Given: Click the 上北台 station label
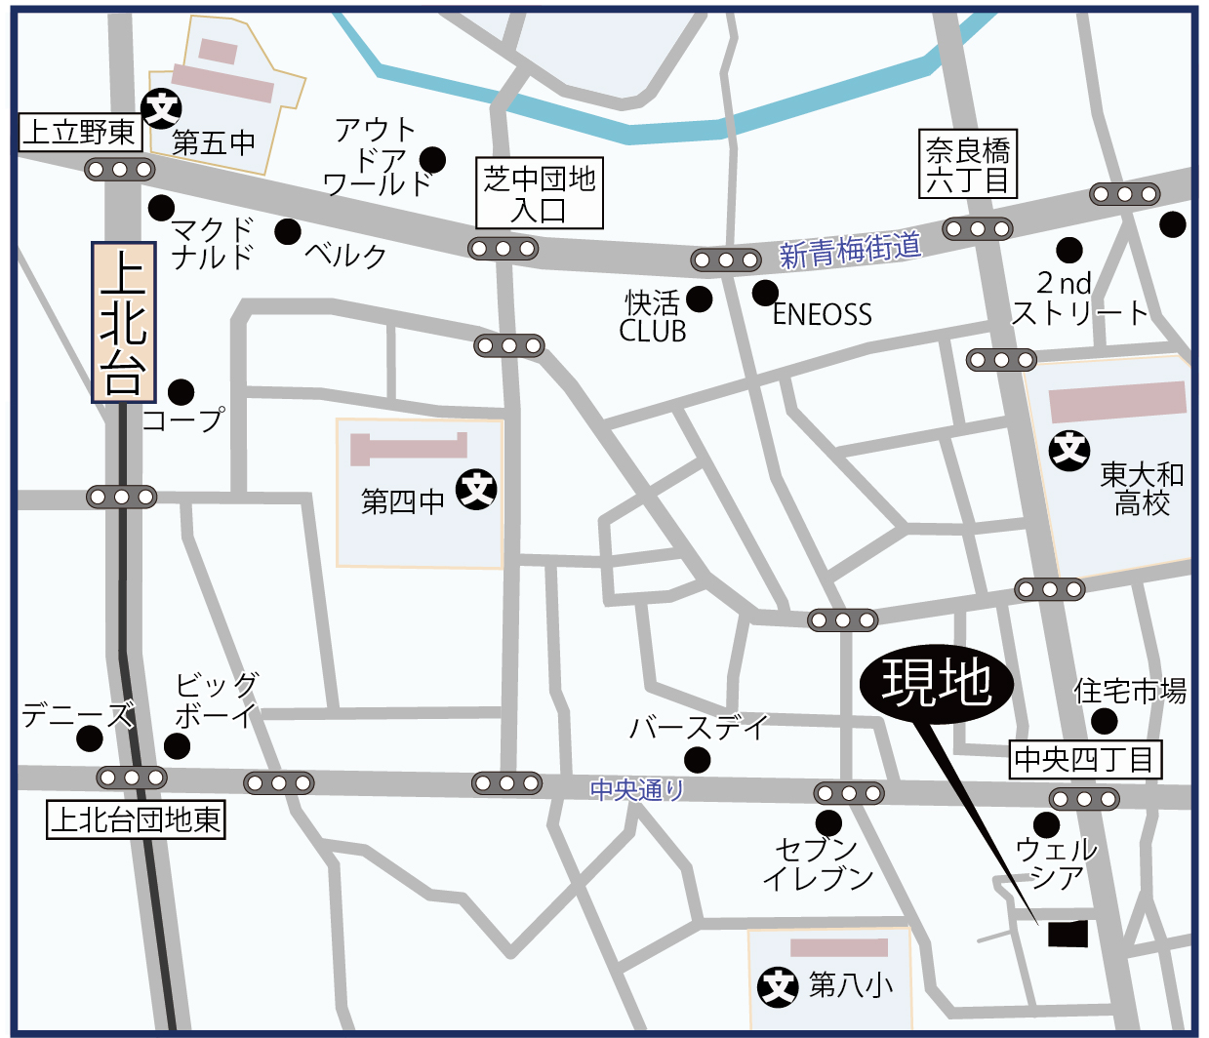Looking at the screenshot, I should pyautogui.click(x=124, y=323).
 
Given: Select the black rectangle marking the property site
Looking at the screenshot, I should pyautogui.click(x=1068, y=934).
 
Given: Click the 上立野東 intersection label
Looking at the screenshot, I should pyautogui.click(x=80, y=133).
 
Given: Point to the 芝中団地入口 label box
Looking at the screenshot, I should pyautogui.click(x=539, y=193).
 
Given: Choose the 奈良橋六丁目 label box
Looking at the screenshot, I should pyautogui.click(x=968, y=164).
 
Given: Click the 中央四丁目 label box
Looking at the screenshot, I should pyautogui.click(x=1084, y=759).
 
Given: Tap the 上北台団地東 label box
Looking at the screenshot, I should pyautogui.click(x=137, y=819).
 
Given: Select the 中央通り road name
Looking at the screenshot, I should pyautogui.click(x=638, y=788).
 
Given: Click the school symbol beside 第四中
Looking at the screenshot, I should pyautogui.click(x=477, y=489).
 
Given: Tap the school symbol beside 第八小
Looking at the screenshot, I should pyautogui.click(x=778, y=986).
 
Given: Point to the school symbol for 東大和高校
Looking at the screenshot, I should pyautogui.click(x=1069, y=450).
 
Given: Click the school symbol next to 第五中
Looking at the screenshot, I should pyautogui.click(x=162, y=108).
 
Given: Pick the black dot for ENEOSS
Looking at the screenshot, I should pyautogui.click(x=766, y=292).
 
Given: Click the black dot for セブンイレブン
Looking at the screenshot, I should pyautogui.click(x=828, y=822).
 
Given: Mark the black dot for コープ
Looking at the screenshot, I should pyautogui.click(x=181, y=392).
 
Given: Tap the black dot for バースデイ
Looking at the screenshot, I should pyautogui.click(x=697, y=759).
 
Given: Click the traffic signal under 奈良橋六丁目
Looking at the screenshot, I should pyautogui.click(x=978, y=229).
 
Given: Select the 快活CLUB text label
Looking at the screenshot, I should pyautogui.click(x=653, y=316).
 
